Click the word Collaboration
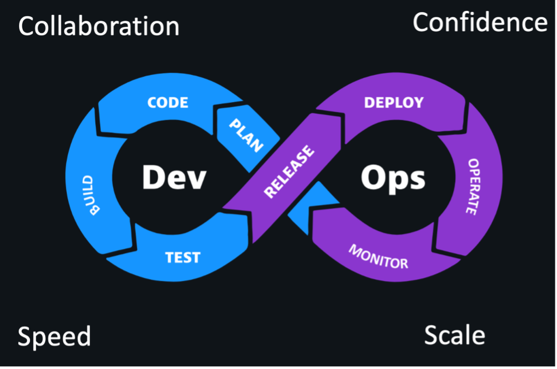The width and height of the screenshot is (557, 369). click(99, 26)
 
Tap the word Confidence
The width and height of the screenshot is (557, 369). click(480, 22)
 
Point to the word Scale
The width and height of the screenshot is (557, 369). click(455, 335)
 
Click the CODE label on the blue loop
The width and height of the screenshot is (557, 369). click(168, 103)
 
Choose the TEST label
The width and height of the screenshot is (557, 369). click(182, 257)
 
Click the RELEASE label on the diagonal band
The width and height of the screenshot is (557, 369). click(289, 171)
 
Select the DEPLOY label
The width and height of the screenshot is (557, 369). click(394, 103)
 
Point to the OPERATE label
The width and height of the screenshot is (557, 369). click(473, 187)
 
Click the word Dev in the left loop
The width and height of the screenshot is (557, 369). click(174, 177)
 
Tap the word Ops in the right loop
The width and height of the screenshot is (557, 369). click(393, 179)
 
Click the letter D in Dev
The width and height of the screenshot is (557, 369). click(153, 177)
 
